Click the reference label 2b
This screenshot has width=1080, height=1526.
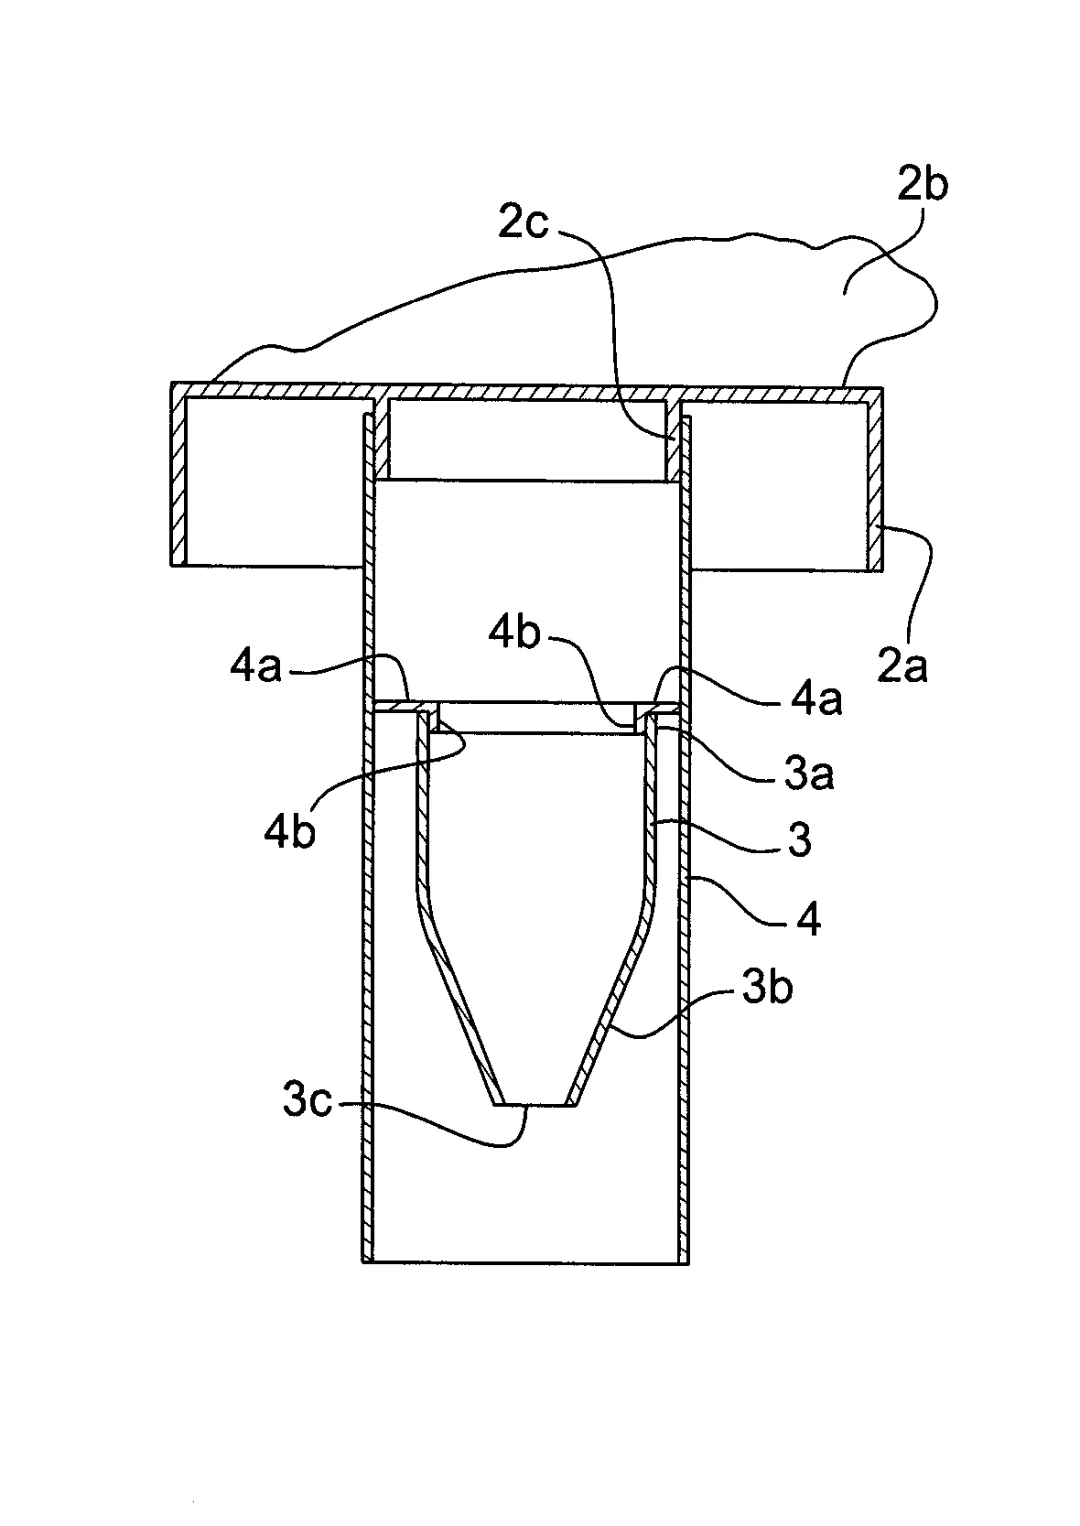[x=922, y=186]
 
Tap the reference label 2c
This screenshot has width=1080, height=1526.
[x=523, y=222]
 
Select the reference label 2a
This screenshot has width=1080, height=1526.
[x=903, y=666]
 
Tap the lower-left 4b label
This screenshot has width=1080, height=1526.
[x=289, y=832]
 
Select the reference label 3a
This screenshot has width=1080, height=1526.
[x=808, y=776]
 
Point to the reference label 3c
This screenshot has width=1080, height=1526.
[x=306, y=1102]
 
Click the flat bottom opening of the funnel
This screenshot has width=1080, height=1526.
[x=535, y=1105]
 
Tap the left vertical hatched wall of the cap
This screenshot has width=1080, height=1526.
[x=178, y=476]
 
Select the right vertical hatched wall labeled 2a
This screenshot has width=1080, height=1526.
[x=875, y=476]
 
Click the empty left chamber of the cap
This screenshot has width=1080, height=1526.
[x=275, y=481]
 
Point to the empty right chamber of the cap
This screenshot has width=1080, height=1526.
[x=778, y=481]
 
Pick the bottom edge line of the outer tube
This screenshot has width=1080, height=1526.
[x=525, y=1262]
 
